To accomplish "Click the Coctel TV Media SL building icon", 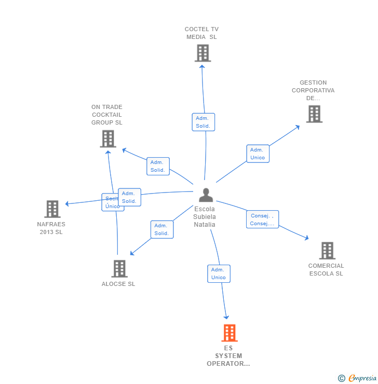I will pyautogui.click(x=203, y=53).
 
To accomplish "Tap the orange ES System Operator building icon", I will pyautogui.click(x=229, y=333).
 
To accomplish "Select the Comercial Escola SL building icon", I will pyautogui.click(x=327, y=251).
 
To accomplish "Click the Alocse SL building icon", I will pyautogui.click(x=119, y=268).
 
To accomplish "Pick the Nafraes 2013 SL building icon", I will pyautogui.click(x=52, y=209).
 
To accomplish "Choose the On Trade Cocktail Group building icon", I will pyautogui.click(x=107, y=139).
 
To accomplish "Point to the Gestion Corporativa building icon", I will pyautogui.click(x=314, y=114).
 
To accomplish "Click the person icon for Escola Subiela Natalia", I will pyautogui.click(x=206, y=195).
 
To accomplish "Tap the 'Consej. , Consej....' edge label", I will pyautogui.click(x=262, y=220).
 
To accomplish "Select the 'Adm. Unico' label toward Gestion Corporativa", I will pyautogui.click(x=258, y=154).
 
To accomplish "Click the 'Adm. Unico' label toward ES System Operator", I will pyautogui.click(x=219, y=273).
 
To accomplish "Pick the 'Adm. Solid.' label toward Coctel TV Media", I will pyautogui.click(x=203, y=122).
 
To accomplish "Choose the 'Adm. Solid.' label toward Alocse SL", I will pyautogui.click(x=161, y=229).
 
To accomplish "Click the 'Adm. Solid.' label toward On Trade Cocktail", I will pyautogui.click(x=158, y=166).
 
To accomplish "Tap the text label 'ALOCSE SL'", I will pyautogui.click(x=118, y=284).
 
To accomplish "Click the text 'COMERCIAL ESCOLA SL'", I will pyautogui.click(x=326, y=270).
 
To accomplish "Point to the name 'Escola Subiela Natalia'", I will pyautogui.click(x=205, y=217).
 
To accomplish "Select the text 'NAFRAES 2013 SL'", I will pyautogui.click(x=51, y=228).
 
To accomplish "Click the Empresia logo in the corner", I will pyautogui.click(x=358, y=378).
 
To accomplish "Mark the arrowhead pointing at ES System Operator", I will pyautogui.click(x=226, y=317).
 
